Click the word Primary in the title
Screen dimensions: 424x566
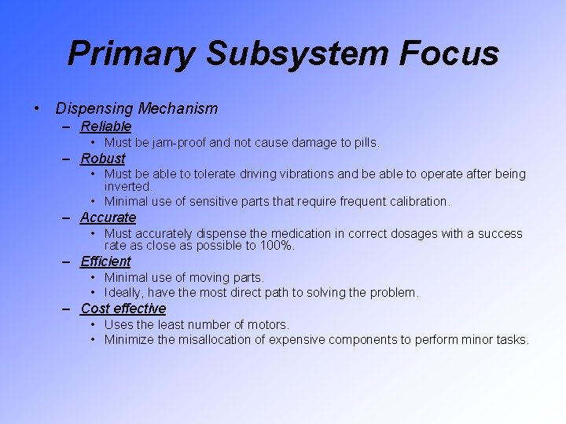[x=132, y=53]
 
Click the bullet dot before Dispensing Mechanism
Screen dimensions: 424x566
[x=37, y=109]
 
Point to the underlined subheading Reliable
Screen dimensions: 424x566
[x=105, y=126]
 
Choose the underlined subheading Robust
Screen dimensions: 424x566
[x=102, y=159]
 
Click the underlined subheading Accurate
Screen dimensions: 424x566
[x=108, y=217]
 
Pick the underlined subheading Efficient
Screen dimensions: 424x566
[x=105, y=261]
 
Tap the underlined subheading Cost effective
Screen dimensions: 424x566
[x=123, y=309]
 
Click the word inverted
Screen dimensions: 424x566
[x=127, y=187]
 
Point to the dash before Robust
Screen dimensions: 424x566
[x=68, y=159]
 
